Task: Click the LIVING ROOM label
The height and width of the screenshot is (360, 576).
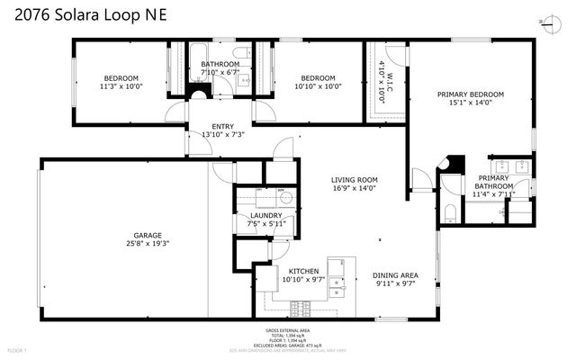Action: (354, 180)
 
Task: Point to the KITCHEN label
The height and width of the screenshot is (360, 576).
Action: (303, 270)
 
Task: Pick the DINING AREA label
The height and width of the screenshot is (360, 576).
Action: (396, 275)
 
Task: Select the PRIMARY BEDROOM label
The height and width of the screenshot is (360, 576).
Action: (470, 94)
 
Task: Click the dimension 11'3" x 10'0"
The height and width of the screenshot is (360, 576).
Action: (121, 87)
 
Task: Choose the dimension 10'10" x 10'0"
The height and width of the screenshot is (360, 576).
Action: (317, 87)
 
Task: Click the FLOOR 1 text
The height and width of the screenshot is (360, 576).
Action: (18, 349)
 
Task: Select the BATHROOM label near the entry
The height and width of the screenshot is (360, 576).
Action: (220, 64)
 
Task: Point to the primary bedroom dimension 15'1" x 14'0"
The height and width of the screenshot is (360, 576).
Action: (470, 103)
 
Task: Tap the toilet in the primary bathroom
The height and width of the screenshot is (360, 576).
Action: (450, 212)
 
